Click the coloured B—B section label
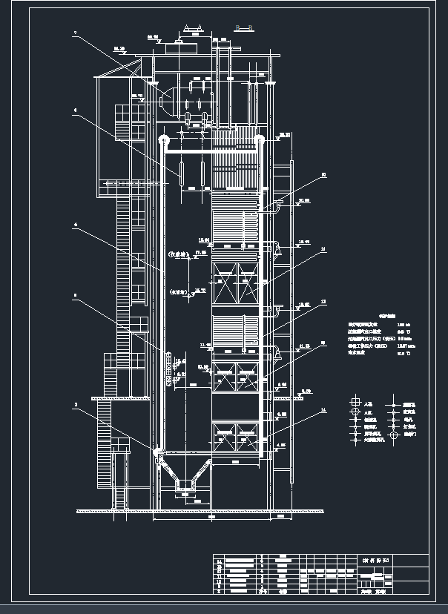pyautogui.click(x=244, y=28)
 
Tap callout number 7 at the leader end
pyautogui.click(x=75, y=33)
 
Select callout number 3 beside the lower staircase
pyautogui.click(x=75, y=405)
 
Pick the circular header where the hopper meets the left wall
pyautogui.click(x=157, y=450)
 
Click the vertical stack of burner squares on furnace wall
pyautogui.click(x=169, y=370)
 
